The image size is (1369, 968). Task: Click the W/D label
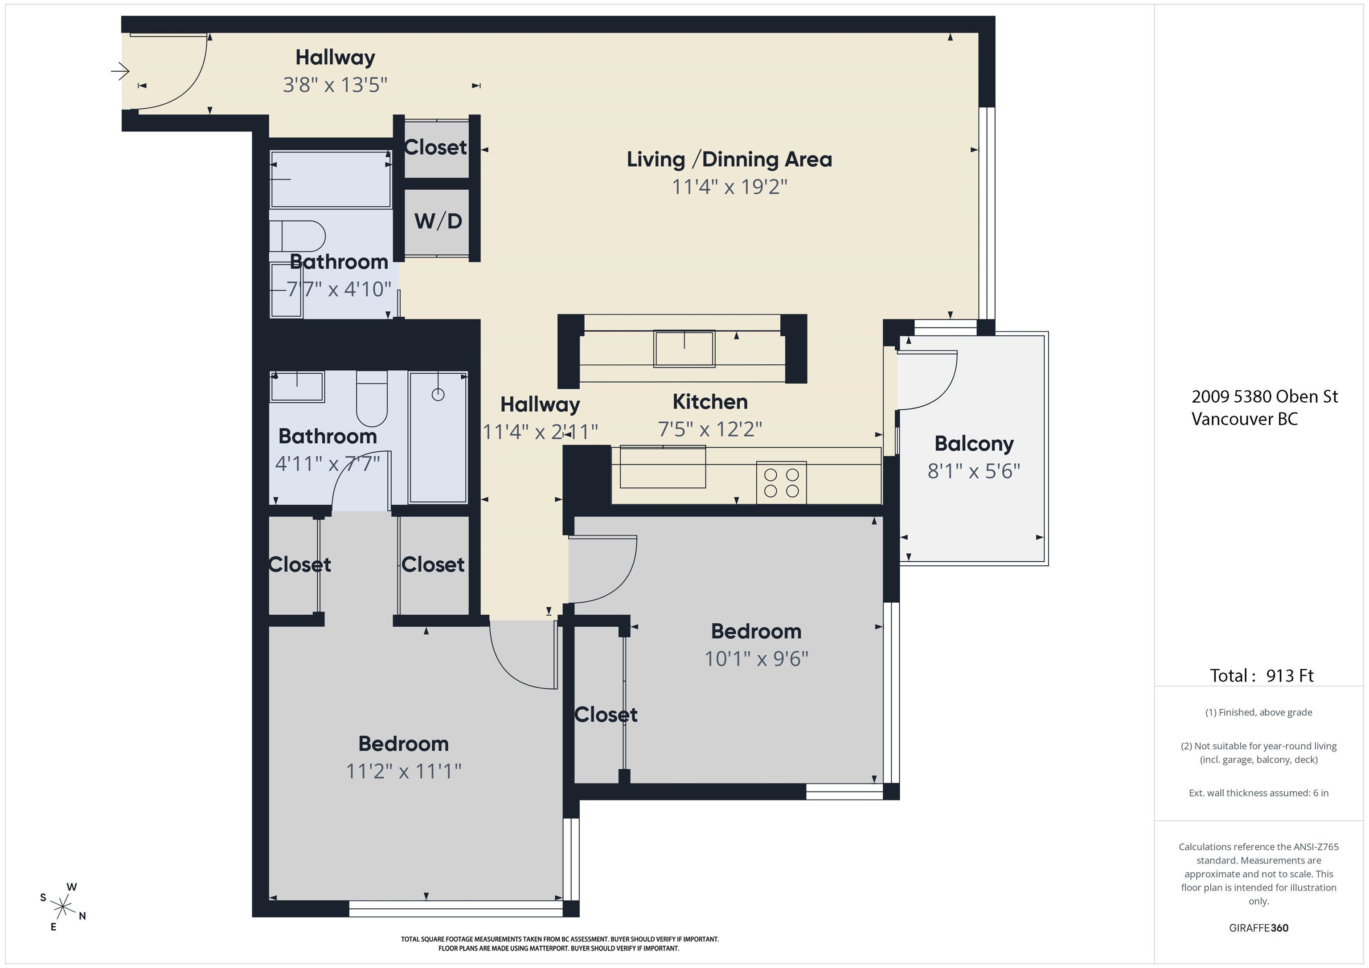tap(438, 221)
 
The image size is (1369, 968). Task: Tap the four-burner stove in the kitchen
tap(782, 483)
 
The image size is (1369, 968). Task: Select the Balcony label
tap(974, 444)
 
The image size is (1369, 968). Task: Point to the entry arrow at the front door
tap(120, 72)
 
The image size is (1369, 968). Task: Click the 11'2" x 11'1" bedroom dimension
tap(404, 771)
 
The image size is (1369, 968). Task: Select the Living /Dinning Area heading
tap(729, 160)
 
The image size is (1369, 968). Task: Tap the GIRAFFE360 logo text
tap(1258, 928)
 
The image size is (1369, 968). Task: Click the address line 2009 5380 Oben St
tap(1265, 396)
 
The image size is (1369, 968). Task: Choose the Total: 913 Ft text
tap(1262, 675)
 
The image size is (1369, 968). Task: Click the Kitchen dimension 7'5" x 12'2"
tap(709, 429)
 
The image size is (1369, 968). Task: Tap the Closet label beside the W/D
tap(435, 147)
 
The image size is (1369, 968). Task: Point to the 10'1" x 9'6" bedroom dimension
tap(756, 659)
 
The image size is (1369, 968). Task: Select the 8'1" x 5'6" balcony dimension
tap(974, 471)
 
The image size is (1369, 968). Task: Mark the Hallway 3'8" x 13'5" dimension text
tap(335, 85)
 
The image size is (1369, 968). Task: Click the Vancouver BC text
tap(1244, 419)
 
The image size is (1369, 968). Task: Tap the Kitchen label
tap(709, 402)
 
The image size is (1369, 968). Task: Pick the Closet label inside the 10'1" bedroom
tap(606, 715)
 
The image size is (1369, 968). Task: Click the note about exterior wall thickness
tap(1258, 793)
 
